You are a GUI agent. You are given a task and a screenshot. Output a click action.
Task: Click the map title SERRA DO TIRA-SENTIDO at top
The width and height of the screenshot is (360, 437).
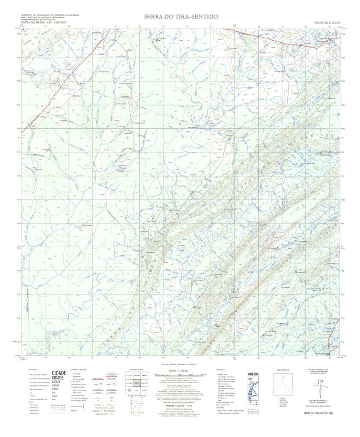[181, 17]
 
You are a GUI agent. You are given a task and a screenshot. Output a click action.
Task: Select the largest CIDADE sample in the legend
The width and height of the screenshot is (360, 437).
[59, 373]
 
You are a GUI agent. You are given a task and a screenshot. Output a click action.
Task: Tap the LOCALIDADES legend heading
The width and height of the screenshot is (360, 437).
[32, 369]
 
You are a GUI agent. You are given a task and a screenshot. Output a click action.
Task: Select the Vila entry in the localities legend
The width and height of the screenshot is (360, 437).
[54, 393]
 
